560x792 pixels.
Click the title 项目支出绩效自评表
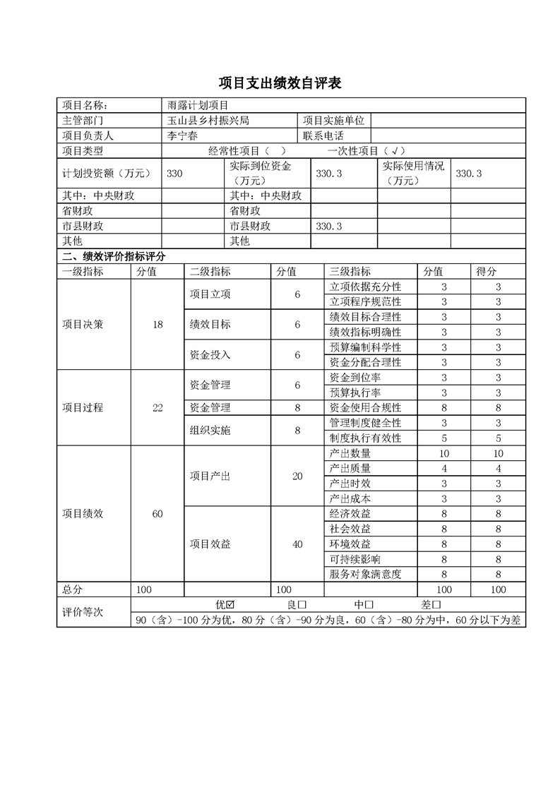click(280, 83)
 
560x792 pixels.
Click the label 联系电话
click(323, 136)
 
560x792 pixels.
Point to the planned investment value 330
click(175, 173)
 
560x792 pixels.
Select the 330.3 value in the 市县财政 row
click(329, 226)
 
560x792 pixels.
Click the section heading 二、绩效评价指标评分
click(114, 256)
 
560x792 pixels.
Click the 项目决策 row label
click(83, 325)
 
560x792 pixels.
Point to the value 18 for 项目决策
click(157, 325)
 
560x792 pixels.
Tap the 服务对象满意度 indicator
click(365, 575)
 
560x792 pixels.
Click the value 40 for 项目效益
click(297, 544)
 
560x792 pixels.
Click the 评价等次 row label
click(83, 612)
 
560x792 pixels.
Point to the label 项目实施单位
click(333, 121)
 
